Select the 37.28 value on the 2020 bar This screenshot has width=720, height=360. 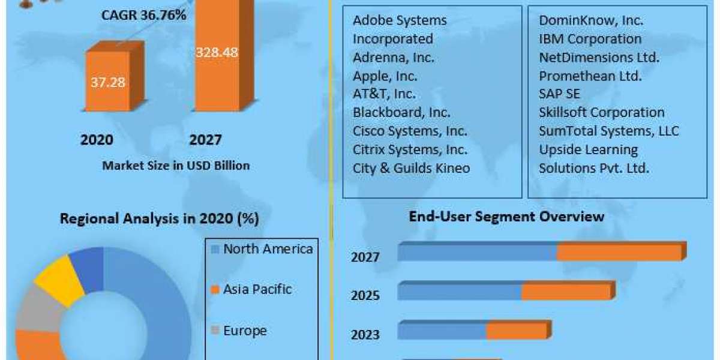click(x=108, y=82)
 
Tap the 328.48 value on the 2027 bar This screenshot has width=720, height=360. click(x=217, y=52)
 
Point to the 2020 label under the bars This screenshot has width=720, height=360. click(x=97, y=140)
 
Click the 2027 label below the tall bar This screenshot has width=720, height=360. click(x=205, y=140)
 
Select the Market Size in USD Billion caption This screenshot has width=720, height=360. click(x=176, y=166)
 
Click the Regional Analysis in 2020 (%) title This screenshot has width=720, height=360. click(x=159, y=219)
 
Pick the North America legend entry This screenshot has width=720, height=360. click(x=261, y=249)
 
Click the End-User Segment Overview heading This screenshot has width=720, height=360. click(x=506, y=217)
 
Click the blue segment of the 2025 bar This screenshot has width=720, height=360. click(x=460, y=292)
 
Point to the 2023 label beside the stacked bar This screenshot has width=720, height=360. click(x=365, y=334)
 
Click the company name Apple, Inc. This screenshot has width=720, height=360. click(x=385, y=76)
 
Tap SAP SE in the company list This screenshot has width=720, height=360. click(x=559, y=94)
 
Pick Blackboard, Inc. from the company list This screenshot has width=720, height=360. click(x=401, y=112)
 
